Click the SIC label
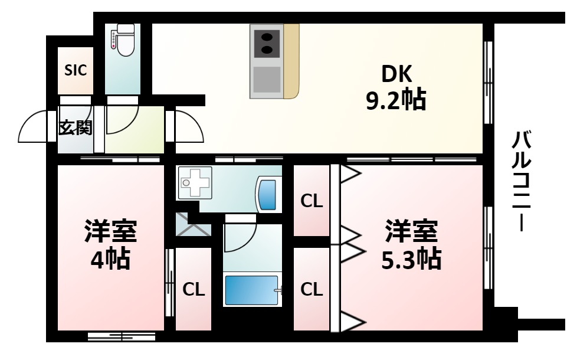(x=76, y=70)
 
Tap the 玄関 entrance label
(x=76, y=127)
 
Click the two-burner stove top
(x=267, y=41)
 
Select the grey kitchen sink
(x=267, y=80)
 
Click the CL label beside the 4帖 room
(x=194, y=289)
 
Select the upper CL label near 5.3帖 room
(x=312, y=201)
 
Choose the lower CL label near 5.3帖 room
(x=312, y=289)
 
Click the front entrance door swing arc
(x=32, y=127)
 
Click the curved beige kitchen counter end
(x=291, y=61)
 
